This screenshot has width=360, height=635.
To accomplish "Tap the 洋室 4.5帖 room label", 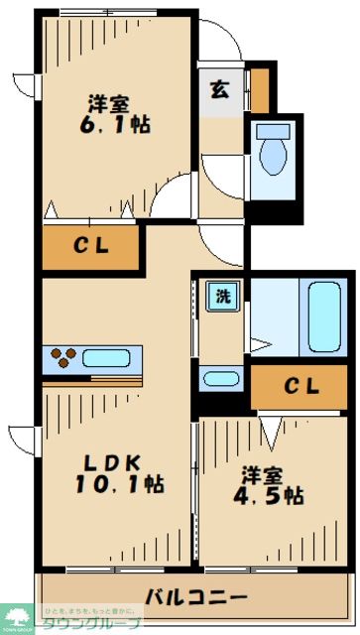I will click(268, 481).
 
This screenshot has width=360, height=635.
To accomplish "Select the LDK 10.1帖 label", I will click(116, 472).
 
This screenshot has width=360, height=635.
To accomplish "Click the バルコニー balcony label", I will click(195, 597).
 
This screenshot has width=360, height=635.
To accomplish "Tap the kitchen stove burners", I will click(59, 357).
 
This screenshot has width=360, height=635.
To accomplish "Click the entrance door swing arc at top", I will click(220, 40).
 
